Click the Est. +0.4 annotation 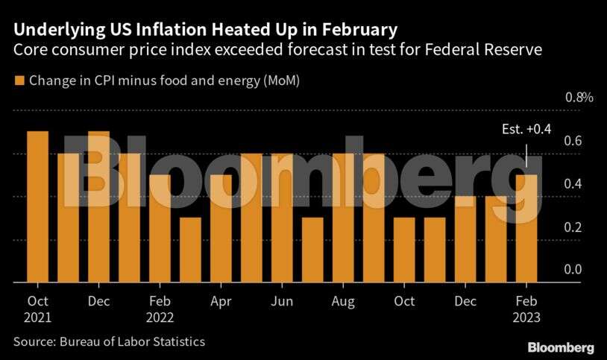(526, 130)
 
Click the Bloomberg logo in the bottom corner (561, 347)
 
